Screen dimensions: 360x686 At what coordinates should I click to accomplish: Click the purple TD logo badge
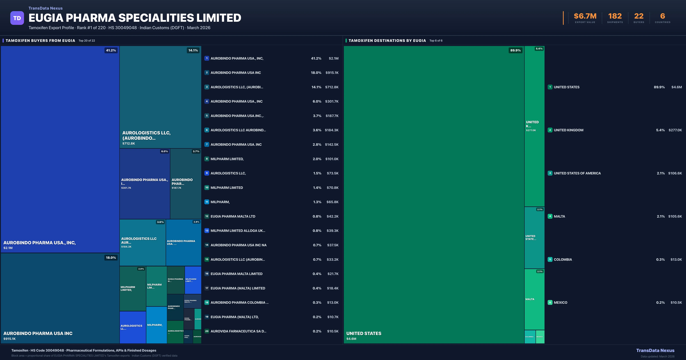[17, 18]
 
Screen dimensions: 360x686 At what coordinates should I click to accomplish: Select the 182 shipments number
[615, 16]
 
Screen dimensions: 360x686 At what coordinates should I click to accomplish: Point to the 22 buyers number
[639, 16]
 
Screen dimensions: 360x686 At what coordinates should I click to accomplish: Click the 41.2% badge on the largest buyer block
[111, 50]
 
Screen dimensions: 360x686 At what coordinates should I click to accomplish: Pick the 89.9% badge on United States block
[515, 50]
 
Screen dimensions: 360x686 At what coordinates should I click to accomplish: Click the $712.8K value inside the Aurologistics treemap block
[129, 144]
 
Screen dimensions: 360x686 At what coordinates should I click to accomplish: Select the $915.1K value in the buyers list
[332, 73]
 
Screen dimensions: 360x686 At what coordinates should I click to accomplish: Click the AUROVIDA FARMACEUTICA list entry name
[238, 331]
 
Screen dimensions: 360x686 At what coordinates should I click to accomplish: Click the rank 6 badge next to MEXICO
[550, 302]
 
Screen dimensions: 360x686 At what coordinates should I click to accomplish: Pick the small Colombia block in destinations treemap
[530, 337]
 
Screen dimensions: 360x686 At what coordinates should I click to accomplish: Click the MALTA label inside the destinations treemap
[530, 299]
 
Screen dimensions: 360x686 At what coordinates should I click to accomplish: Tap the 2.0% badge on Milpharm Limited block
[141, 269]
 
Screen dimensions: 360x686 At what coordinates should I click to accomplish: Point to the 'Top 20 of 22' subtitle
[87, 41]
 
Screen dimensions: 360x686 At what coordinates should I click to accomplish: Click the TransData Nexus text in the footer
[655, 350]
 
